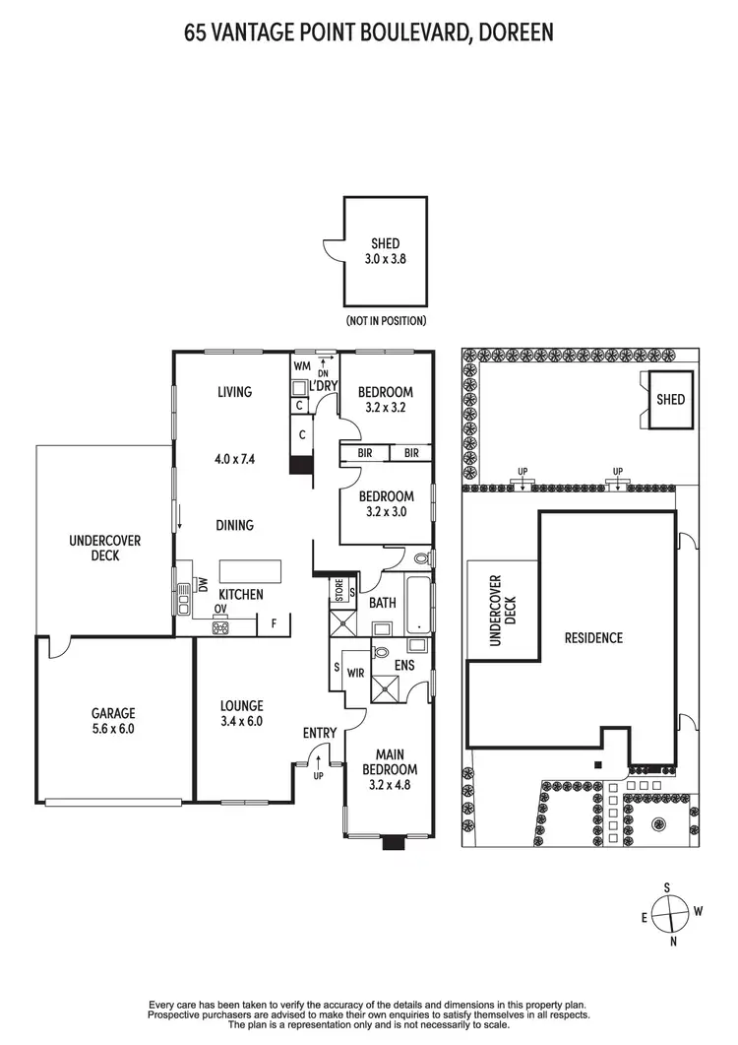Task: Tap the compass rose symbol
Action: coord(670,913)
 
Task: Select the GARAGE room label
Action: coord(114,713)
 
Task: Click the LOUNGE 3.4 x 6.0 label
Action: coord(242,713)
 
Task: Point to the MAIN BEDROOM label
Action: coord(390,769)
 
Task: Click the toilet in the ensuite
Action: coord(381,650)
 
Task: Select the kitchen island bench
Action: coord(250,571)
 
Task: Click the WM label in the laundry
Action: coord(301,367)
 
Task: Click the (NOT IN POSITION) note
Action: coord(386,321)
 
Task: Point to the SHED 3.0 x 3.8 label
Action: coord(386,250)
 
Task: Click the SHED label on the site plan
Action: coord(670,400)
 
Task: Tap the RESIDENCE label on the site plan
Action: coord(593,638)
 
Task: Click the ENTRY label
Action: coord(321,733)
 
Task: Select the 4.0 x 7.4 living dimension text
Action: coord(235,458)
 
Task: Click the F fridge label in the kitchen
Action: coord(273,622)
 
